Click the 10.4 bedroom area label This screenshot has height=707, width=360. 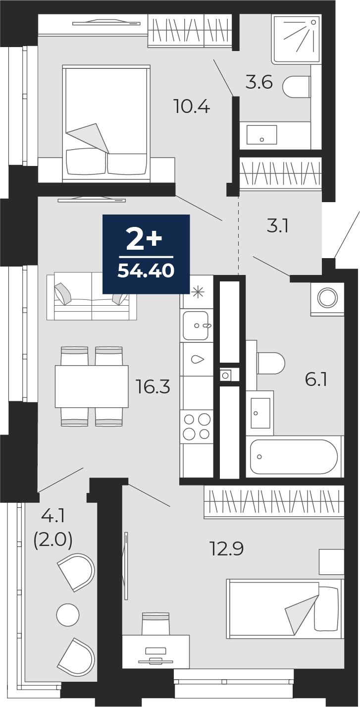coord(192,106)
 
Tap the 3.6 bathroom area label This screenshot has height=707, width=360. coord(259,82)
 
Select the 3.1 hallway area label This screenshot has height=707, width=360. coord(277,226)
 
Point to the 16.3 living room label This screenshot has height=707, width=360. coord(153,386)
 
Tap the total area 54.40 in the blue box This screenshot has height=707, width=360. coord(146,271)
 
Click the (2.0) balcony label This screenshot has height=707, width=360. coord(53,540)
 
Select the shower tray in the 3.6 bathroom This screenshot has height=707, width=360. coord(296,39)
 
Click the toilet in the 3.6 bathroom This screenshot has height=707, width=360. coord(296,87)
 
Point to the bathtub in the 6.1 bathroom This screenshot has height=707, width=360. coord(294,456)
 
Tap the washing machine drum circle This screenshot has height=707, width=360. coord(327,297)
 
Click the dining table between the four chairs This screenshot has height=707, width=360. coord(92,386)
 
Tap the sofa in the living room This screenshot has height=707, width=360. coord(92,297)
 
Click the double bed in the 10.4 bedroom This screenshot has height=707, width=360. coord(106,123)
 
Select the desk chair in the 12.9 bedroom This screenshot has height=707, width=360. coord(155,623)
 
